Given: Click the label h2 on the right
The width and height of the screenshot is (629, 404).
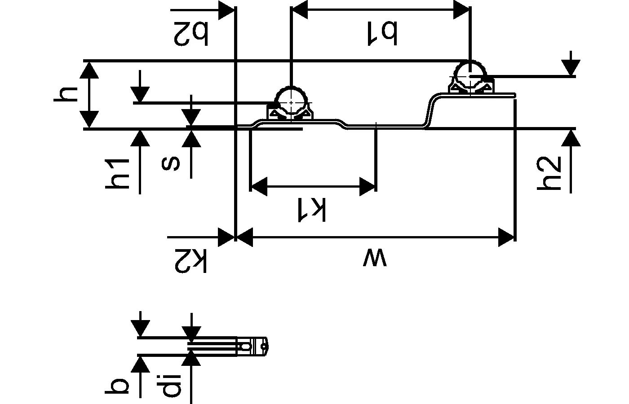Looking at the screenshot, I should pos(550,173).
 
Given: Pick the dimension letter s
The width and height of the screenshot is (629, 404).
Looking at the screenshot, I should pos(171,164).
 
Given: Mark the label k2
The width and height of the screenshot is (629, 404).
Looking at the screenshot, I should pos(191,260).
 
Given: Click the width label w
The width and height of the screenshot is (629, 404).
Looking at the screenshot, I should pos(374,259).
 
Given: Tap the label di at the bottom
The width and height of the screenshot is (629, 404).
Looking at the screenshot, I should pos(171,385).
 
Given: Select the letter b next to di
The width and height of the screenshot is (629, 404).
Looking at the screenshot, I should pos(118,386).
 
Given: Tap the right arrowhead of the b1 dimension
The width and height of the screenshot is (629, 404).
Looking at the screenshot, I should pos(462,9).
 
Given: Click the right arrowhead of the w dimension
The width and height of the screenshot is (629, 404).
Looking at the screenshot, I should pos(506,237).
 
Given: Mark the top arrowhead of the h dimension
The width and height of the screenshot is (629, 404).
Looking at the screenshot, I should pos(90,70).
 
